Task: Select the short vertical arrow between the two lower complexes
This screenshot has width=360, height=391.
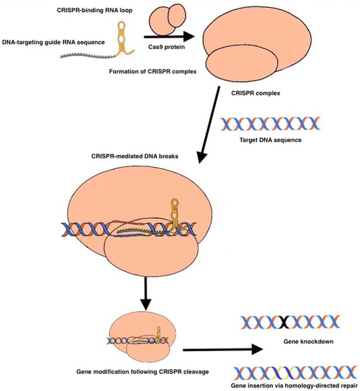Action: [146, 294]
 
